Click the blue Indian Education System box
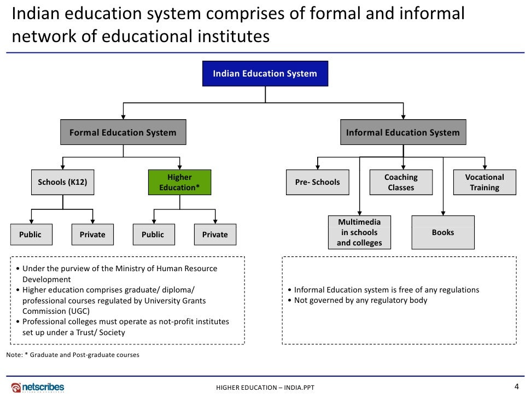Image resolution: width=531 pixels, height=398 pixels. (x=265, y=73)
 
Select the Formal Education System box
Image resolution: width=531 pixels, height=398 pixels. (x=123, y=132)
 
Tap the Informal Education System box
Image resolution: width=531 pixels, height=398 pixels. (x=403, y=132)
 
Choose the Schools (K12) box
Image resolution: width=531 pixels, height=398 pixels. (x=62, y=182)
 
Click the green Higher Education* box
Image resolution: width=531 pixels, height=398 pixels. (x=179, y=182)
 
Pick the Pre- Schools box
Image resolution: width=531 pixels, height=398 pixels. (x=317, y=182)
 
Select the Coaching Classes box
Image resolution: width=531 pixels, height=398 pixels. (x=401, y=182)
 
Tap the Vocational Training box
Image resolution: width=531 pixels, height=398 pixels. (x=485, y=182)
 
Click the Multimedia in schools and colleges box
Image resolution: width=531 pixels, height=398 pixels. (x=359, y=232)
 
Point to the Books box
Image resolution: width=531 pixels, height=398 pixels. (x=443, y=232)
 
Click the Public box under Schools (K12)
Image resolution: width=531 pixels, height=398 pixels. (x=31, y=235)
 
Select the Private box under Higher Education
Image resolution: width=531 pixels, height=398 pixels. (x=215, y=235)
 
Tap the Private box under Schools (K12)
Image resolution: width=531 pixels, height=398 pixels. (x=92, y=235)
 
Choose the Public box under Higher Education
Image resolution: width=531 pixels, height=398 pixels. (x=153, y=235)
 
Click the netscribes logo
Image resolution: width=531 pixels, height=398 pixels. (x=38, y=387)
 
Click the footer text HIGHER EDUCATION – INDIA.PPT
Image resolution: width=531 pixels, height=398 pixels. (x=265, y=388)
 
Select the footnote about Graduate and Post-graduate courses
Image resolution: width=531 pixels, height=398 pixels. (x=73, y=355)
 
